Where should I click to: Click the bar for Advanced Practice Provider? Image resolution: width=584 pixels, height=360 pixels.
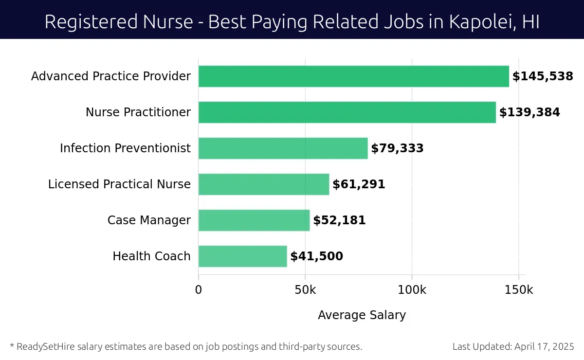tap(353, 76)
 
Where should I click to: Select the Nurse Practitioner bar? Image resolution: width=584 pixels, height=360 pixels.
tap(347, 112)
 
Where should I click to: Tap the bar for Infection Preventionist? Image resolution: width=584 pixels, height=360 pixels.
tap(283, 148)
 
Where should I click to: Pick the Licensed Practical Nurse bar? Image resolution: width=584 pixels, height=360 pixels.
tap(264, 184)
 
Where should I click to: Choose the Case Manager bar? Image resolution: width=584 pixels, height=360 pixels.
tap(254, 220)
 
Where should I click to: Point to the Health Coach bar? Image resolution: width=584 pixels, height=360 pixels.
tap(243, 256)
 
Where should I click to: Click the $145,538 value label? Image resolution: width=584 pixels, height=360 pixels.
tap(543, 76)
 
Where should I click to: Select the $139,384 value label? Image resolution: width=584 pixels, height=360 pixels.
tap(529, 112)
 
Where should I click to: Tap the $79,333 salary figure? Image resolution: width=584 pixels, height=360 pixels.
tap(397, 148)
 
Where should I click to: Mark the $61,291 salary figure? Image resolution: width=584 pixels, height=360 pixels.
tap(359, 184)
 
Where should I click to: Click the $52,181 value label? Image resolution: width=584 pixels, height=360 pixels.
tap(339, 220)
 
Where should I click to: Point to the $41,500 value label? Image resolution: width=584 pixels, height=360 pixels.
tap(316, 256)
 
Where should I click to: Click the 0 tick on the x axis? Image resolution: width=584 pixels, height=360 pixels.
tap(199, 290)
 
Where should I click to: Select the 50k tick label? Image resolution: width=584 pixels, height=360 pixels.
tap(305, 290)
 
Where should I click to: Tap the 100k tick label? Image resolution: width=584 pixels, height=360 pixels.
tap(412, 290)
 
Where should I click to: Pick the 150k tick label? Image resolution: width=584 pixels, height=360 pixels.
tap(518, 290)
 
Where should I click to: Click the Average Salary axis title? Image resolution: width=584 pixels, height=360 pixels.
tap(362, 315)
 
